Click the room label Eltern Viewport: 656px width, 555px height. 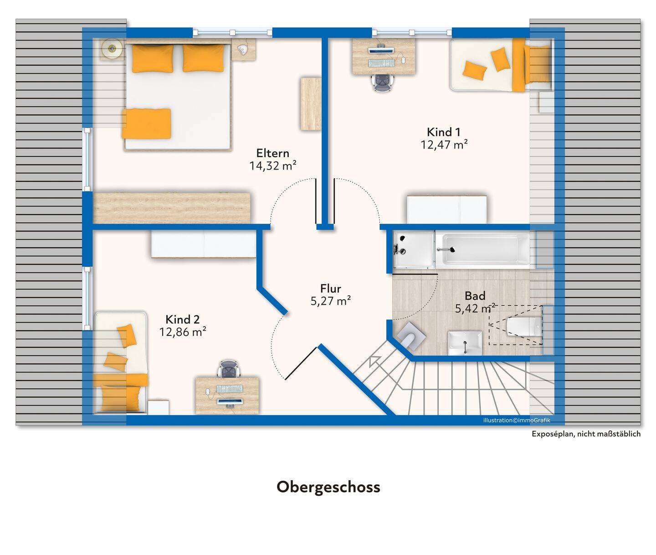272,154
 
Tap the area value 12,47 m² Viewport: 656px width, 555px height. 444,145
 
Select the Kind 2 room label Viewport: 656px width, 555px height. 183,319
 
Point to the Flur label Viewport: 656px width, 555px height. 330,288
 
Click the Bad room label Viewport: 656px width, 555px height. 475,296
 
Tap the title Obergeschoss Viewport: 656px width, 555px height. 328,487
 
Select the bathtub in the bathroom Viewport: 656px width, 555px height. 482,249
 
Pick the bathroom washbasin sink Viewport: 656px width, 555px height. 465,343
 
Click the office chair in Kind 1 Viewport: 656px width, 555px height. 384,83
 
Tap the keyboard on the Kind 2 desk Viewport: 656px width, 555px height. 230,389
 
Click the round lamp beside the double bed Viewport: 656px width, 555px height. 112,48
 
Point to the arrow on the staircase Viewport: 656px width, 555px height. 374,361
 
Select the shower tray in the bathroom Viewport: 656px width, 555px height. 414,249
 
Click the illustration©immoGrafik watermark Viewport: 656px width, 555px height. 516,420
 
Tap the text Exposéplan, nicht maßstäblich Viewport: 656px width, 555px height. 586,434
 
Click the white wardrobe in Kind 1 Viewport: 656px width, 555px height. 447,210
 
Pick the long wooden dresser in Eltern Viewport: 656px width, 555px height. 172,208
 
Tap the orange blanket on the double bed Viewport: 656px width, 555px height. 147,123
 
